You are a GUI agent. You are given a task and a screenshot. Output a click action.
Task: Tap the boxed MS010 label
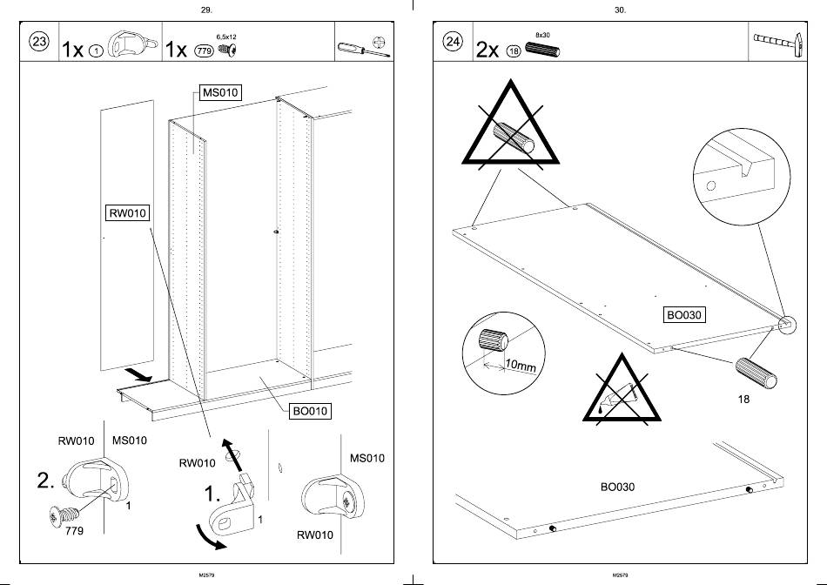tap(220, 92)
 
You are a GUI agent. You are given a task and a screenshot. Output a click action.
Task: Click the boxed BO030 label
tap(683, 315)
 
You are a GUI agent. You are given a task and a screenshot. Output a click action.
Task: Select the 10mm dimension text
tap(521, 366)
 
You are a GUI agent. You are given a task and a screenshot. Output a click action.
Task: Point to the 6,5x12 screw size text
tap(226, 37)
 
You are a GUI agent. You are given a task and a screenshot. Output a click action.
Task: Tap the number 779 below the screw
tap(75, 531)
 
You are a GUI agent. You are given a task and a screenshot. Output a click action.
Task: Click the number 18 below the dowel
tap(743, 400)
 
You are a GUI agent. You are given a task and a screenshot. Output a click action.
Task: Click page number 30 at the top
tap(620, 10)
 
